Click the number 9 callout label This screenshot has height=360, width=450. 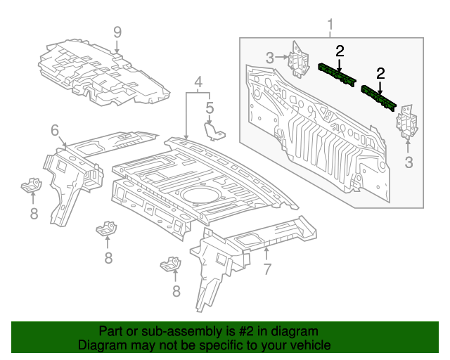[x=117, y=32]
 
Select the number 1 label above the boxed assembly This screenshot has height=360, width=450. [x=330, y=27]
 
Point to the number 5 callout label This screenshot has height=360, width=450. [x=209, y=108]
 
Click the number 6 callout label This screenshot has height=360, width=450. [x=55, y=130]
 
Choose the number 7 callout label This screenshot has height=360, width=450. [x=266, y=269]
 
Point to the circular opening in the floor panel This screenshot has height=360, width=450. [x=198, y=194]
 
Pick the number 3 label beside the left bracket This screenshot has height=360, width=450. [x=269, y=58]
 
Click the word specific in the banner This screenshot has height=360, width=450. [x=229, y=346]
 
